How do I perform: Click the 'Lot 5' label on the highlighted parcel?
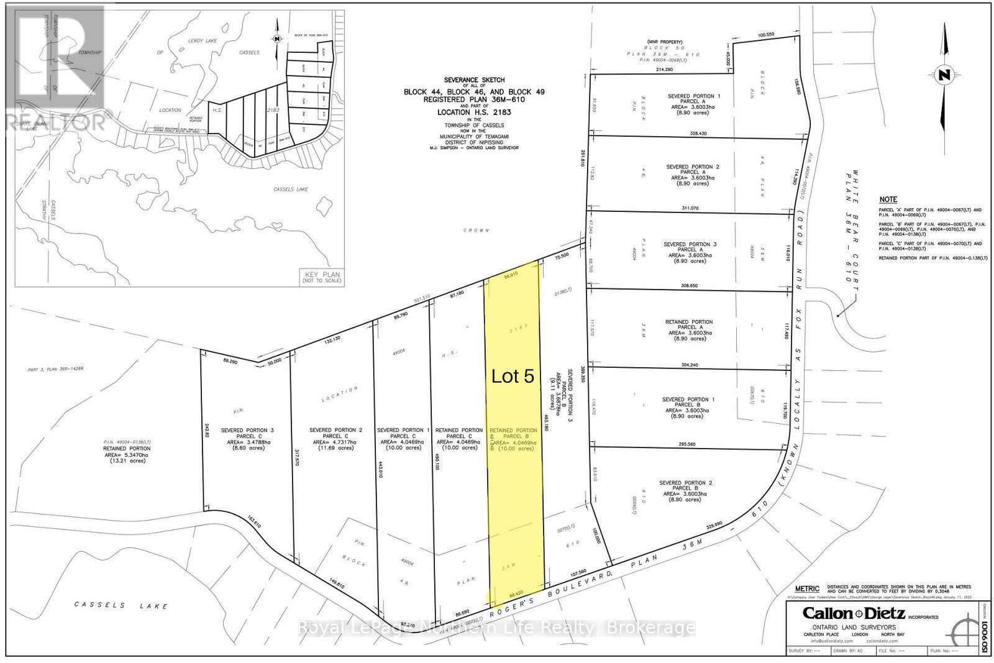pos(513,377)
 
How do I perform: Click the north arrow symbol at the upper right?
pos(945,76)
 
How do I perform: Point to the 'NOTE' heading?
pos(888,199)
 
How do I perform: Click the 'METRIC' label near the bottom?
pos(808,588)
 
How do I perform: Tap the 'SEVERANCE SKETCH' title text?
pos(474,80)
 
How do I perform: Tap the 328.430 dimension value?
pos(698,133)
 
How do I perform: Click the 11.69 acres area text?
pos(335,447)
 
